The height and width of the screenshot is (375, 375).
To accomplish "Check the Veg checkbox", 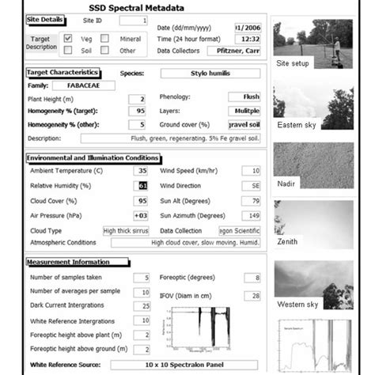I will [x=68, y=38].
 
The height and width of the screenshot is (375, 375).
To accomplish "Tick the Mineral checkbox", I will [x=105, y=38].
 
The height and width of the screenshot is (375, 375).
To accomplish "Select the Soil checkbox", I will [x=68, y=51].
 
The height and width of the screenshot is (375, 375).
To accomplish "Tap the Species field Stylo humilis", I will [x=210, y=73].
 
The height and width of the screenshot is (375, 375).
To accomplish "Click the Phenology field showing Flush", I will [x=244, y=97].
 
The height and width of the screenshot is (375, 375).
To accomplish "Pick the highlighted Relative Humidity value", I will [x=142, y=185].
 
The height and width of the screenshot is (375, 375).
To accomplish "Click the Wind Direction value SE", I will [x=251, y=185].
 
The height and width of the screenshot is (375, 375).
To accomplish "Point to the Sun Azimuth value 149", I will [x=251, y=215].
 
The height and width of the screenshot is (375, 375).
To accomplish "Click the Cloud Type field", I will [x=127, y=230].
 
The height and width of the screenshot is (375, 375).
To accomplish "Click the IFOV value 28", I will [x=252, y=295].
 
